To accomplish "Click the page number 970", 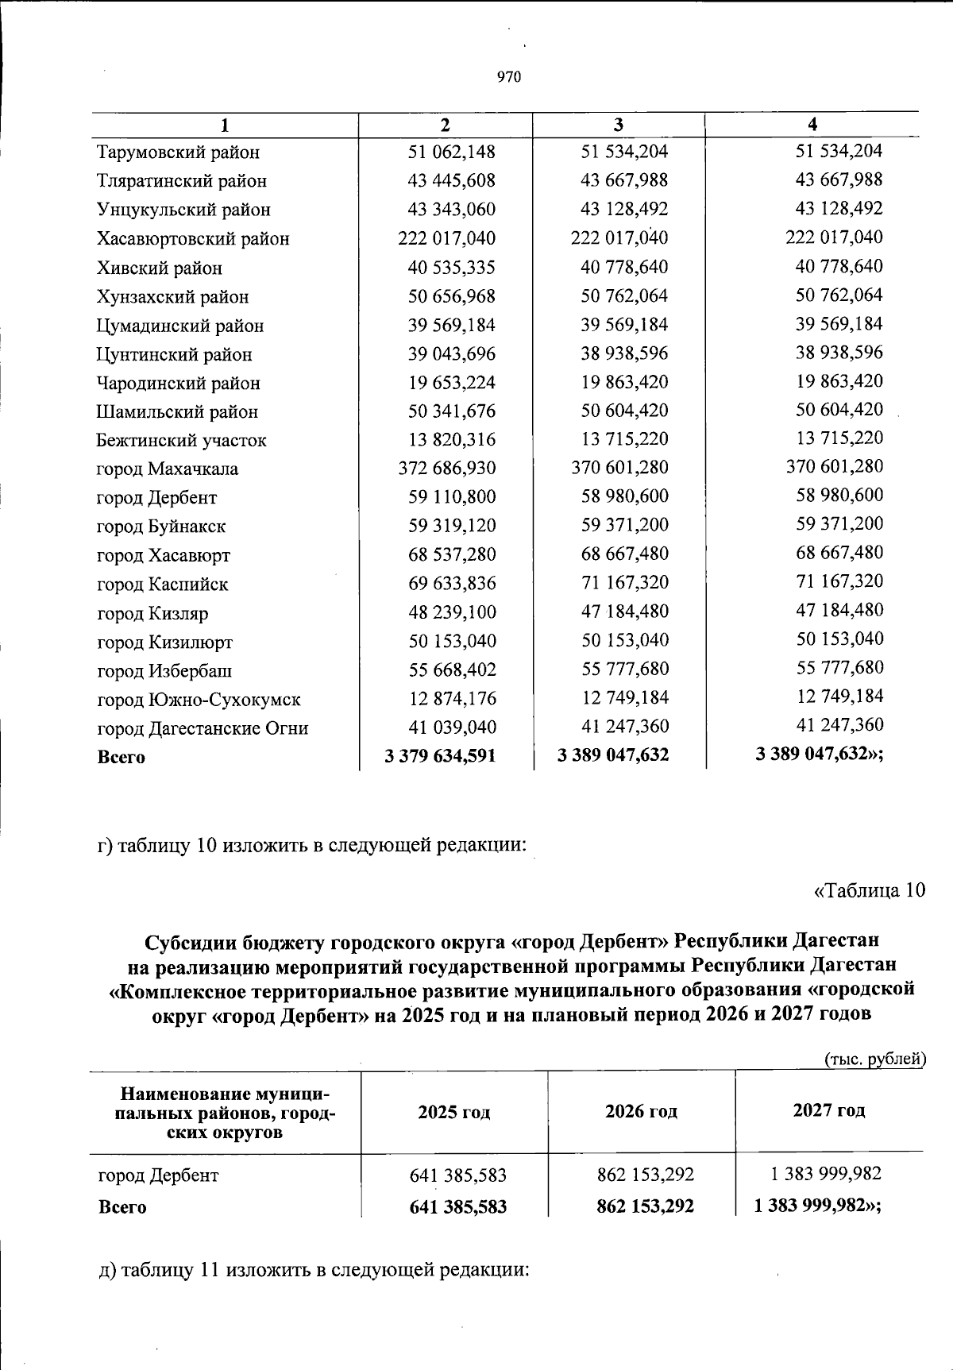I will click(508, 77).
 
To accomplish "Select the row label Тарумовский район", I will click(178, 152).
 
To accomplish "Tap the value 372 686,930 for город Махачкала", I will click(446, 469).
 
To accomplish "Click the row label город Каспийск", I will click(162, 585).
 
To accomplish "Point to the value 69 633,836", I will click(451, 584).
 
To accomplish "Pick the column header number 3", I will click(618, 125).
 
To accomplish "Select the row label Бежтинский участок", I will click(181, 440).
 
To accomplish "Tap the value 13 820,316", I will click(451, 440).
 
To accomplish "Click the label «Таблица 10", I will click(870, 890).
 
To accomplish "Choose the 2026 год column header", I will click(641, 1111).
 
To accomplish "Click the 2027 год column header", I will click(828, 1110).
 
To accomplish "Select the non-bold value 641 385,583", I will click(457, 1175).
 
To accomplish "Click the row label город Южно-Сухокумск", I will click(199, 700).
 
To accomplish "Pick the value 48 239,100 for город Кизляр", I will click(451, 612).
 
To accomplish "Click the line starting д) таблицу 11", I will click(313, 1269).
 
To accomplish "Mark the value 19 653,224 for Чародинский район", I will click(451, 383).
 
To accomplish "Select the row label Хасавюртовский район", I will click(193, 239).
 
